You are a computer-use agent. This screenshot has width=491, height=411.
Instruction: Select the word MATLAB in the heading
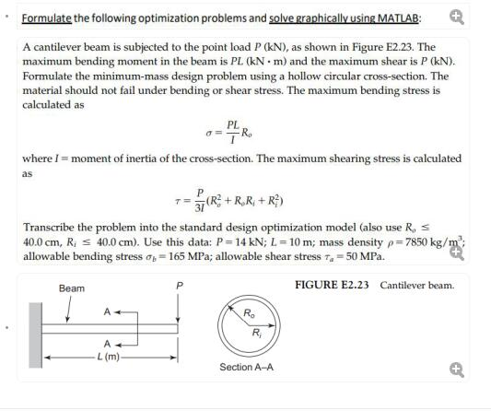pos(397,18)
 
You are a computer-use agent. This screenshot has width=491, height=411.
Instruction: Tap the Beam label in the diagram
pos(71,288)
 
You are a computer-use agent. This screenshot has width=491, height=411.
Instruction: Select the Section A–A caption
pos(246,368)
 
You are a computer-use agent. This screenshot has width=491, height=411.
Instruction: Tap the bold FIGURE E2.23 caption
pos(333,285)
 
